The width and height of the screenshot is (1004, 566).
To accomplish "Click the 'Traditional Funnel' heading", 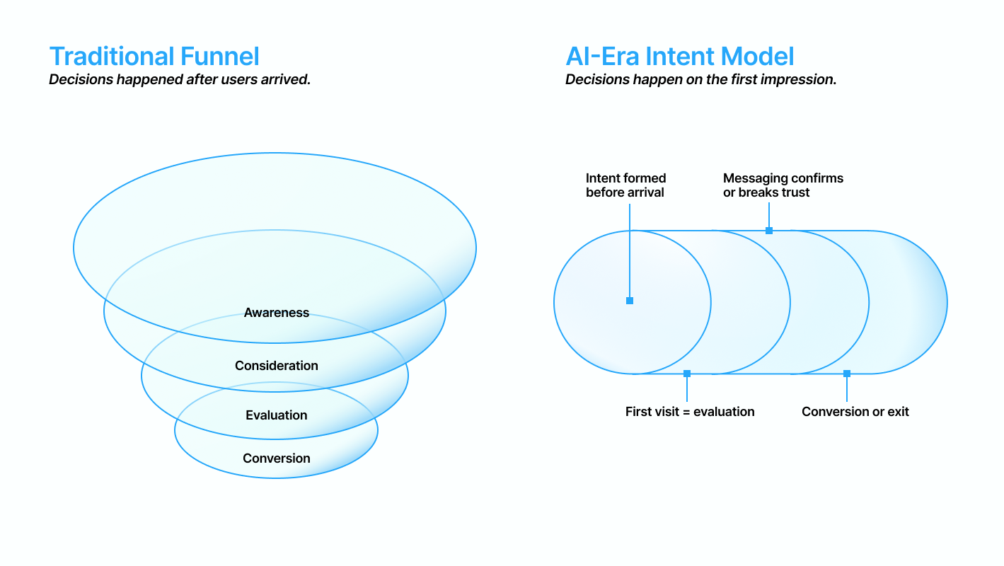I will point(154,57).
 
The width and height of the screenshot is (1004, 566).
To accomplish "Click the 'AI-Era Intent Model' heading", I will point(679,57).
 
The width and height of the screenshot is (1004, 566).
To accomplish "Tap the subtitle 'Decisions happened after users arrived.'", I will point(180,79).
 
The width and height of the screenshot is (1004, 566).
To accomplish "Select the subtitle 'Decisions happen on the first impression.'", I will point(700,79).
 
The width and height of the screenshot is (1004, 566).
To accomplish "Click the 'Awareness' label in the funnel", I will point(277,313).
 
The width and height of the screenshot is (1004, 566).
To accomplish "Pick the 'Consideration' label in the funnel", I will point(277,366).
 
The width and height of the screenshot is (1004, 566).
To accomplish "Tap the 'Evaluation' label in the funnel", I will point(277,415).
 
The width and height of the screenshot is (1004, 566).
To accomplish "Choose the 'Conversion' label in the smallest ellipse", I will point(277,458).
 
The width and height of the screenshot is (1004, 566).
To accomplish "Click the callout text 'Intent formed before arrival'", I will point(625,185).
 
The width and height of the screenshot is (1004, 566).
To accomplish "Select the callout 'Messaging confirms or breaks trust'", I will point(783,185).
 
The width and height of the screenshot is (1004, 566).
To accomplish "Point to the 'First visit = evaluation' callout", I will point(690,412).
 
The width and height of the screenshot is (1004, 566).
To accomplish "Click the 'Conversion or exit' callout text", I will point(855,412).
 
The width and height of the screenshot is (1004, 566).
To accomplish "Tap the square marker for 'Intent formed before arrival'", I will point(630,301).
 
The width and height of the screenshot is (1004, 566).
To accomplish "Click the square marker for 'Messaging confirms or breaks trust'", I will point(769,231).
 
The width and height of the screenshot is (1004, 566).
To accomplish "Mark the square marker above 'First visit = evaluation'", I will point(687,374).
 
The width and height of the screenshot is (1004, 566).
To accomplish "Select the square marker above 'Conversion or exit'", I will point(847,374).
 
